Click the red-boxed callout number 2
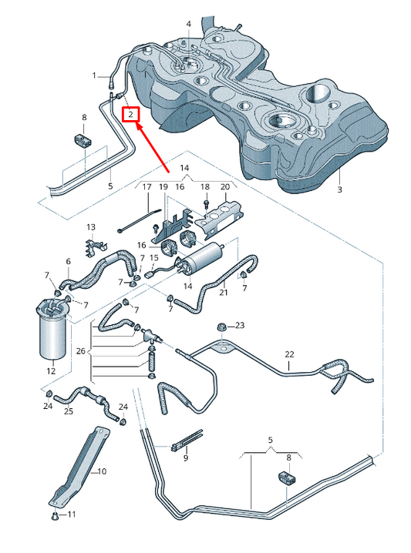point(132,116)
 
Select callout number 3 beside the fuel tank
point(339,189)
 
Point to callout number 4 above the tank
point(187,25)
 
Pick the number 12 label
point(51,371)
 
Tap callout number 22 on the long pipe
point(289,355)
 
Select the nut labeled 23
point(223,327)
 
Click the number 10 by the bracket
point(103,471)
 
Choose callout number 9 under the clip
point(185,458)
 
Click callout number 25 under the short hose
point(69,412)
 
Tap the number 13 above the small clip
point(90,227)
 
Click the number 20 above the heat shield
point(224,187)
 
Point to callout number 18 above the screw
point(204,187)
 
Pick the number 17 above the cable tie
point(145,187)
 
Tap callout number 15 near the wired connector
point(153,257)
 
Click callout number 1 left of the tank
point(95,75)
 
